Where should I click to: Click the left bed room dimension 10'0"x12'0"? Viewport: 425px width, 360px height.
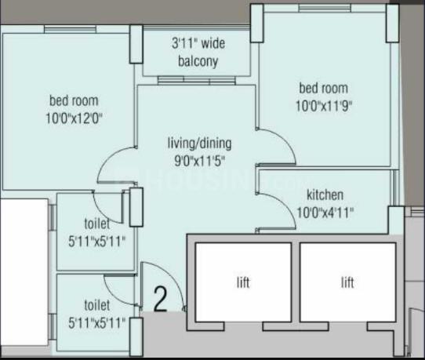coord(74,118)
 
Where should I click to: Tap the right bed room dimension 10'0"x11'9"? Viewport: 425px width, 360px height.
coord(324,106)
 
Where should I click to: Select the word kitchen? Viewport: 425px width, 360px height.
coord(325,195)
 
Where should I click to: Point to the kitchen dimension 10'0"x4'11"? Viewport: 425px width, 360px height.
coord(325,213)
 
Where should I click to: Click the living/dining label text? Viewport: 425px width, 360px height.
coord(199,144)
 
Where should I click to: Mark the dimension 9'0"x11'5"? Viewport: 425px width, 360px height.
coord(200,162)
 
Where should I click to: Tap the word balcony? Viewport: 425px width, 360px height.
coord(198,61)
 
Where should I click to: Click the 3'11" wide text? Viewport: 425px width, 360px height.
coord(198,44)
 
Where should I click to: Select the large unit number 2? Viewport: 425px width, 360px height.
coord(160,299)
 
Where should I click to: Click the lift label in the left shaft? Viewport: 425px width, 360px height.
coord(243,282)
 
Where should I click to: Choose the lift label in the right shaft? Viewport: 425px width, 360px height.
coord(347,282)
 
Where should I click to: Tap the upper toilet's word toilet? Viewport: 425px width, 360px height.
coord(97,224)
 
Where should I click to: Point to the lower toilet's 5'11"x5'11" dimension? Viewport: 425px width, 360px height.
coord(96,323)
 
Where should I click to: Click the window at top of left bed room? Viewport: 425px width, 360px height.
coord(71,29)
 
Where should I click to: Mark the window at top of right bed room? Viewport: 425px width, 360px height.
coord(325,8)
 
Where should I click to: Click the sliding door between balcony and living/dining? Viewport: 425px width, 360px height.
coord(197,80)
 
